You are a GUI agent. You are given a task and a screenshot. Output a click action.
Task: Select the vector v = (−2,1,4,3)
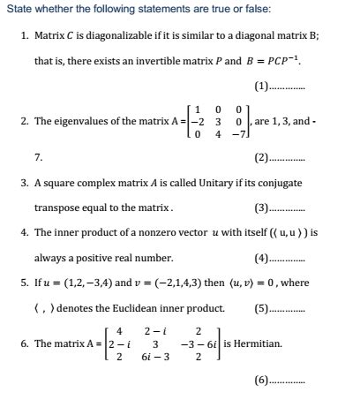176,284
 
